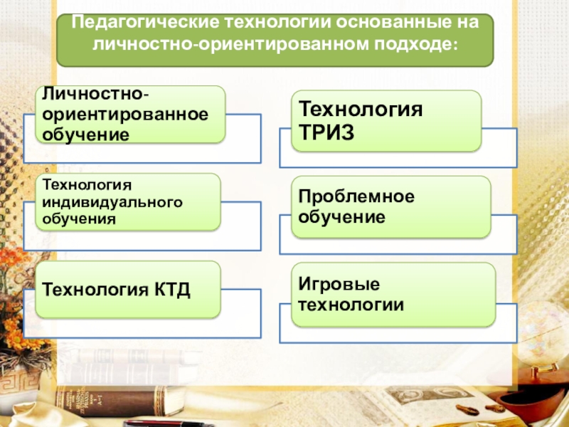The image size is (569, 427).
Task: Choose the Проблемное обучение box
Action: pos(390,206)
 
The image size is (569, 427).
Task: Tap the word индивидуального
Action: pos(113,202)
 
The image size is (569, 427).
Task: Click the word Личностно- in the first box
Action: pos(95,95)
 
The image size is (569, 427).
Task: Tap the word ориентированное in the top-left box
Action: pos(124,114)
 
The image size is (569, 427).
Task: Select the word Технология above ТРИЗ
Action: pos(360,110)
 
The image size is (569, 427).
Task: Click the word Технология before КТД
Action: pos(95,290)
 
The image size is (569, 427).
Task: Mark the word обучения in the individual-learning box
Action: pos(78,218)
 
